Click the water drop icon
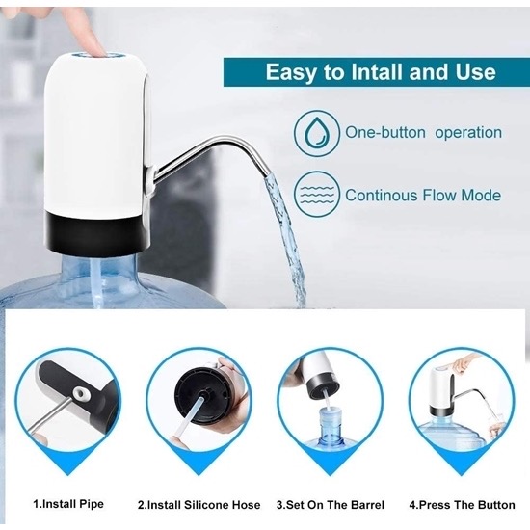(316, 133)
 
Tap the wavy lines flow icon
(316, 195)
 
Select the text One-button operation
(423, 133)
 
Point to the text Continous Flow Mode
(423, 196)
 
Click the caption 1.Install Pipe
(68, 504)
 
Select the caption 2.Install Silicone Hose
(199, 505)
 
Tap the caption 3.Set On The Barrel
(331, 505)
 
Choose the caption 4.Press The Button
(462, 505)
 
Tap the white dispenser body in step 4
(442, 387)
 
